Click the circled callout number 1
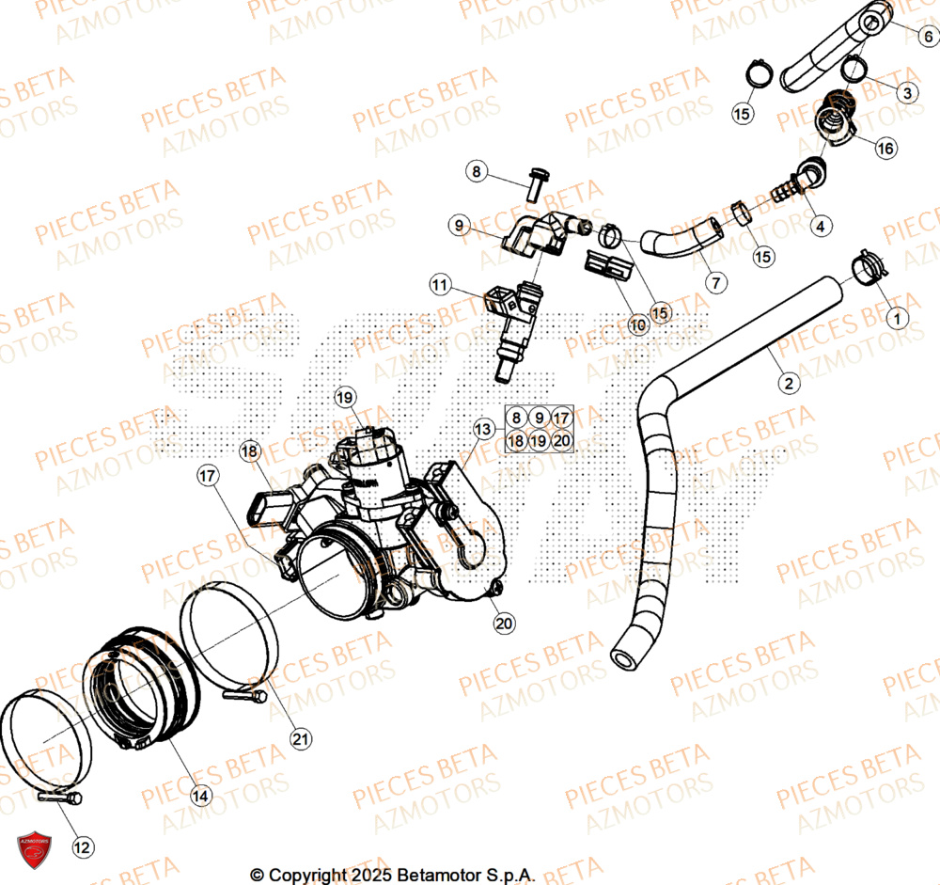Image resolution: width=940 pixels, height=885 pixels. click(896, 319)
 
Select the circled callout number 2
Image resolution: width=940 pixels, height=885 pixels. click(789, 383)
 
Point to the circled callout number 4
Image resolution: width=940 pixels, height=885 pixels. click(821, 226)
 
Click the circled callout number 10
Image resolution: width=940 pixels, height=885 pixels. click(638, 325)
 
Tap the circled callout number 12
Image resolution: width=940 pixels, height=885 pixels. click(83, 847)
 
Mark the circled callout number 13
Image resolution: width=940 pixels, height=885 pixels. click(482, 430)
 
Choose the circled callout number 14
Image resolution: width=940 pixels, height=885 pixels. click(200, 796)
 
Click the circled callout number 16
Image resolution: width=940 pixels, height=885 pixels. click(885, 149)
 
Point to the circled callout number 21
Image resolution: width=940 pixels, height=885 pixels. click(300, 739)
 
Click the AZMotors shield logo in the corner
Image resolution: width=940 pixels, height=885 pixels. click(34, 845)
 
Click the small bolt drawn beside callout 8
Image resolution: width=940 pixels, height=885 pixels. click(536, 182)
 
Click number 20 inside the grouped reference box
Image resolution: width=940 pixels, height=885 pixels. click(561, 440)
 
